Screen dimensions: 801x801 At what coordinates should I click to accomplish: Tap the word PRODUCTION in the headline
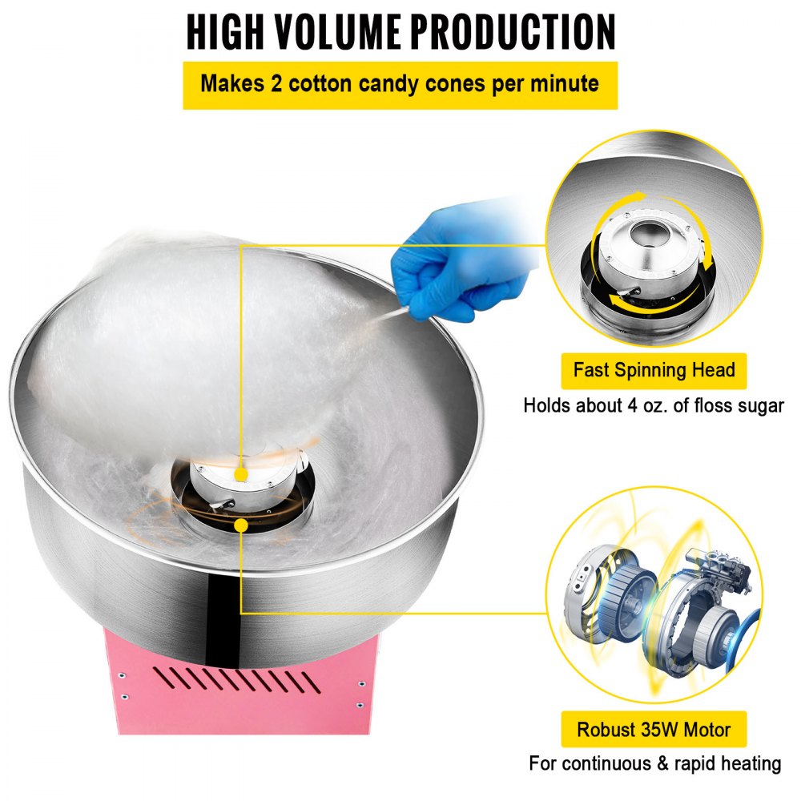click(514, 32)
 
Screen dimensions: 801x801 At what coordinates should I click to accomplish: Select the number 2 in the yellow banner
click(276, 83)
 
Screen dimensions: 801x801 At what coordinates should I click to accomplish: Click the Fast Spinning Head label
click(654, 370)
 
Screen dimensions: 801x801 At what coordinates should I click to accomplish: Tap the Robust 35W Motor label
click(654, 729)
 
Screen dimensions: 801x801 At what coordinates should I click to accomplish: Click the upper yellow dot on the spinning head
click(241, 475)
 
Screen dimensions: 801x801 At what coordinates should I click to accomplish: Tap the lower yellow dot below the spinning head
click(241, 525)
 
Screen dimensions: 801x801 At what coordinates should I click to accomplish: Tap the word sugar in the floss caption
click(760, 407)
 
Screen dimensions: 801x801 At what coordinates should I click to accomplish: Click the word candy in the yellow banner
click(388, 84)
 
